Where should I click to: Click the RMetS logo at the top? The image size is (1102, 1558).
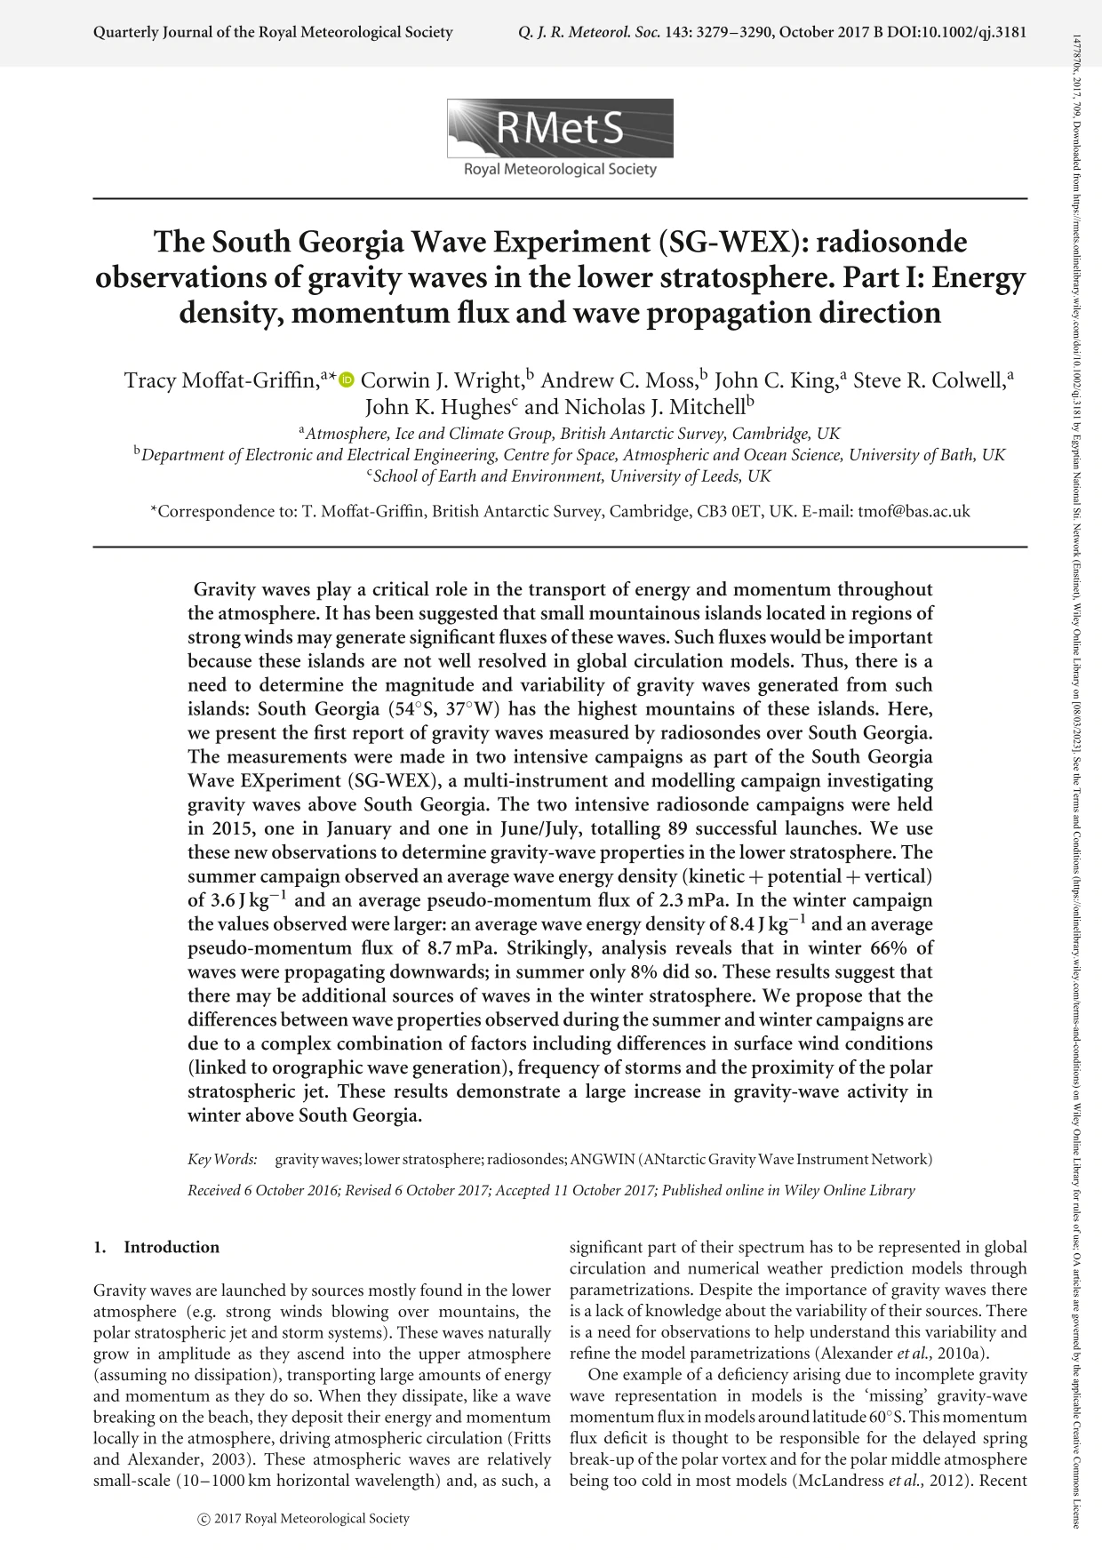pyautogui.click(x=560, y=129)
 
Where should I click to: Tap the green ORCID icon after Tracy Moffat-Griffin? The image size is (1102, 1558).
pyautogui.click(x=347, y=380)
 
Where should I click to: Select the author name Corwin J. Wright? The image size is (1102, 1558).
pyautogui.click(x=442, y=380)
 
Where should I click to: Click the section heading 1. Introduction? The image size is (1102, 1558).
pyautogui.click(x=156, y=1247)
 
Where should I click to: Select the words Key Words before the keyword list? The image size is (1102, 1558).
pyautogui.click(x=222, y=1159)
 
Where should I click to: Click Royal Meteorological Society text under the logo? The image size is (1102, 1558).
pyautogui.click(x=560, y=169)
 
